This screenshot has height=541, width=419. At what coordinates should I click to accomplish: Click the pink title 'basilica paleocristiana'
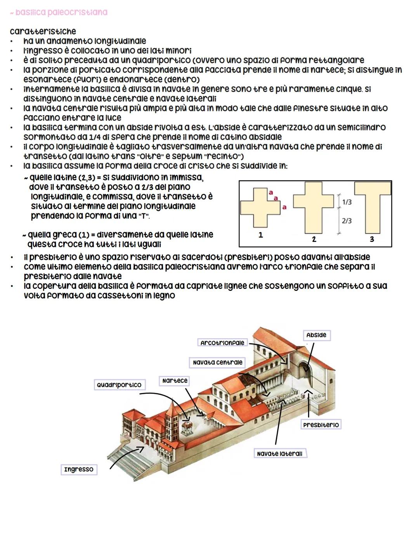(61, 12)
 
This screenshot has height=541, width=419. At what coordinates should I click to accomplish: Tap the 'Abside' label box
(316, 335)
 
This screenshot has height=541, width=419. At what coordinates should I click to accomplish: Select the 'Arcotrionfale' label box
(222, 343)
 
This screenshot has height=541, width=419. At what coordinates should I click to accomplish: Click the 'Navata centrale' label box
(217, 362)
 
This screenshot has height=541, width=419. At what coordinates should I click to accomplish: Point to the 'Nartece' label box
(175, 380)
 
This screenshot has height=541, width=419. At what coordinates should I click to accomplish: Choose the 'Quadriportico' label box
(119, 385)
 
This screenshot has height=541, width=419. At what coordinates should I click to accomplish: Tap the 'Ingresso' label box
(79, 469)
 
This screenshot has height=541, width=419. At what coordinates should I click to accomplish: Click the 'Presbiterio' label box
(321, 425)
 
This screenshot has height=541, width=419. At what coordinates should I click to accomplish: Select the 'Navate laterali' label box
(280, 453)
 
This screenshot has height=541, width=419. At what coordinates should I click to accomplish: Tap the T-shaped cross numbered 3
(373, 206)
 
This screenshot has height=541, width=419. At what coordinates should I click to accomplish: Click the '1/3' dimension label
(347, 202)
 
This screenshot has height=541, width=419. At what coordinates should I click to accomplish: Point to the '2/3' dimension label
(347, 221)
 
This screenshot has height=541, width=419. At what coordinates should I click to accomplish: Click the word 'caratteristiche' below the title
(43, 31)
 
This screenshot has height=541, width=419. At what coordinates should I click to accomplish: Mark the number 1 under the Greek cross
(260, 235)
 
